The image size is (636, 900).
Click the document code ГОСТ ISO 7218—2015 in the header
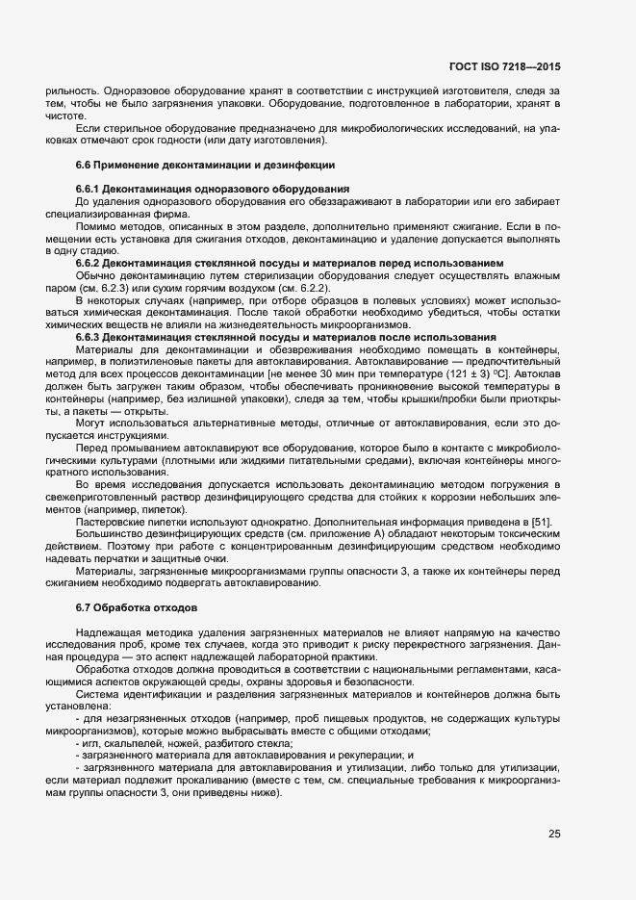[505, 67]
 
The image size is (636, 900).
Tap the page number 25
[554, 834]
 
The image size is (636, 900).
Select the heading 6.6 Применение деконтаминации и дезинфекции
[205, 166]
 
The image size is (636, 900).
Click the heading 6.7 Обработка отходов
[137, 608]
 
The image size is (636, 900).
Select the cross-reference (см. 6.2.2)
[305, 288]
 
